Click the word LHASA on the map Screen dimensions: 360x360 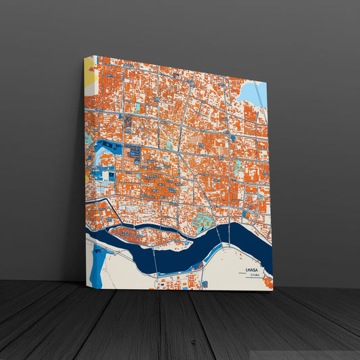(x=253, y=269)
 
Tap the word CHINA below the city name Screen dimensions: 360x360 (x=254, y=276)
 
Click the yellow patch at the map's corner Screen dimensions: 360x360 (x=89, y=72)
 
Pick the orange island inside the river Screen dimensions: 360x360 (x=145, y=234)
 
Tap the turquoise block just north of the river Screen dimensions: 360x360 (x=203, y=220)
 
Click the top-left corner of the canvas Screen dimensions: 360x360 (x=84, y=56)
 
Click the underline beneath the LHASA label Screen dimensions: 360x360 (x=253, y=273)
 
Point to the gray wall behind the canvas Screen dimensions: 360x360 (x=311, y=135)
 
